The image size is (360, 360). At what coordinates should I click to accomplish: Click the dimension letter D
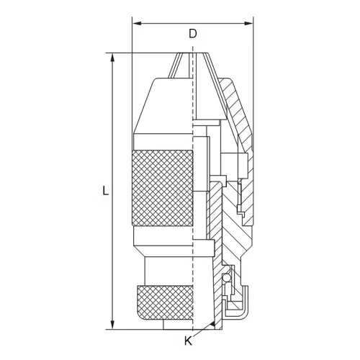pyautogui.click(x=193, y=34)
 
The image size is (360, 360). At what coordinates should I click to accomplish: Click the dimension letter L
pyautogui.click(x=105, y=190)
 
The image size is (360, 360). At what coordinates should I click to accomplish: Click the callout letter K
pyautogui.click(x=189, y=341)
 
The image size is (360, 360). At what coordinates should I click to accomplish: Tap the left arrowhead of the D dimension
pyautogui.click(x=137, y=23)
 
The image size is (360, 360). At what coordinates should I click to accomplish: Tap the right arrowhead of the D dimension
pyautogui.click(x=248, y=23)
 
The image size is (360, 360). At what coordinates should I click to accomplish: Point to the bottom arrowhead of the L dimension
pyautogui.click(x=112, y=325)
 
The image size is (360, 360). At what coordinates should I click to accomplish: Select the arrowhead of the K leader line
pyautogui.click(x=212, y=325)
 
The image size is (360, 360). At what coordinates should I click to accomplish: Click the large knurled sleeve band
pyautogui.click(x=163, y=188)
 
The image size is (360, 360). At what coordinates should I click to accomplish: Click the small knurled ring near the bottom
pyautogui.click(x=165, y=302)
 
